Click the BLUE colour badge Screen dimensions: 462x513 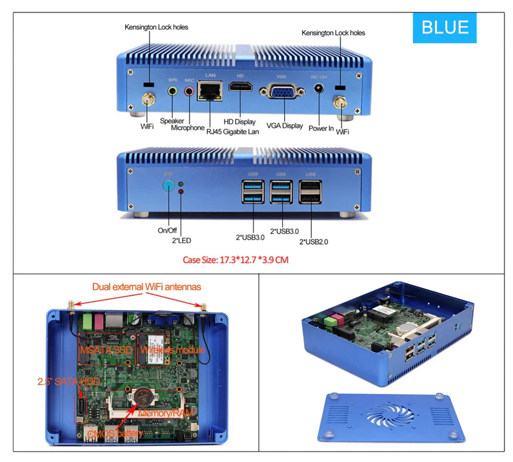(x=445, y=28)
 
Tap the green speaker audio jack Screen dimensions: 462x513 (x=173, y=91)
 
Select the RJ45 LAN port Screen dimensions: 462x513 (x=211, y=92)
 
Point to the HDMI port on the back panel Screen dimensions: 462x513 (x=240, y=89)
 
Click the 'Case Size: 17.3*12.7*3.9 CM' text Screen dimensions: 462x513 (x=235, y=260)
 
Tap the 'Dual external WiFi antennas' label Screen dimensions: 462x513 (x=147, y=287)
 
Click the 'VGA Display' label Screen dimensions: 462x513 (x=285, y=126)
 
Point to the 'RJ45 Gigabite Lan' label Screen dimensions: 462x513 (x=232, y=132)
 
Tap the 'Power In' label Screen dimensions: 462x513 (x=321, y=128)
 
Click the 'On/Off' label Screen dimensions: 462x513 (x=167, y=231)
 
